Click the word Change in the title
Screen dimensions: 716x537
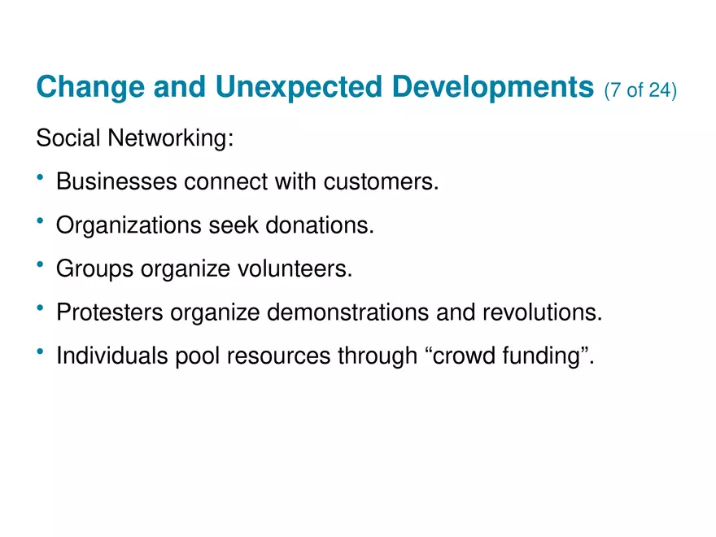tap(90, 87)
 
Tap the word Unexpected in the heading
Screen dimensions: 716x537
tap(299, 87)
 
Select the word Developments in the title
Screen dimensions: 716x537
tap(493, 87)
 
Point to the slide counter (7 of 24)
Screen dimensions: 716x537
tap(640, 90)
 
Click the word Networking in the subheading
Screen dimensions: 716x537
tap(170, 138)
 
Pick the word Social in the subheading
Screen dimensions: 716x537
tap(68, 138)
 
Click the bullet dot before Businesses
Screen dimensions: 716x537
tap(40, 177)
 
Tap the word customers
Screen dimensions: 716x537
tap(382, 181)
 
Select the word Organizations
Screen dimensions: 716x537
tap(129, 225)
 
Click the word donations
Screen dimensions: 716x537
tap(320, 225)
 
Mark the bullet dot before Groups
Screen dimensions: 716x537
tap(40, 264)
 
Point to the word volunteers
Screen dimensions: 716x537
tap(295, 268)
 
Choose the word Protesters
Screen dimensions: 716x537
tap(110, 312)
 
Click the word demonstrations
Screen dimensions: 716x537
tap(348, 312)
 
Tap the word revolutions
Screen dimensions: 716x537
tap(543, 312)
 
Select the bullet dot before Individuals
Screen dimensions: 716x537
tap(40, 351)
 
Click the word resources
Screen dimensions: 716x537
tap(278, 356)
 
